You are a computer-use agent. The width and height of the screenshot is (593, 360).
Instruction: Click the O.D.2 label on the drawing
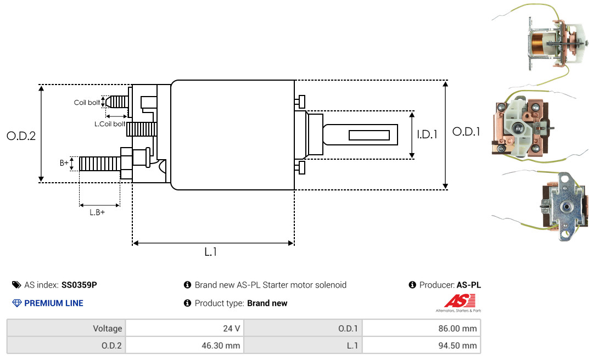tap(21, 136)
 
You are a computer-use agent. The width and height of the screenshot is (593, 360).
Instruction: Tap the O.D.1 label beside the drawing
tap(466, 132)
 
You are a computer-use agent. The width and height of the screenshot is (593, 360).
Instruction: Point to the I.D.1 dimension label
tap(427, 134)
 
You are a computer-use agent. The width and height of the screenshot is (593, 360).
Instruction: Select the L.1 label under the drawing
tap(211, 252)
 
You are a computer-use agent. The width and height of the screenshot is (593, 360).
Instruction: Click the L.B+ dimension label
tap(97, 212)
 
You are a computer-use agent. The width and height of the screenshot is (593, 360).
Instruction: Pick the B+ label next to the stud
tap(64, 163)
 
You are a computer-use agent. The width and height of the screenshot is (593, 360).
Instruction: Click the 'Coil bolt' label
tap(87, 103)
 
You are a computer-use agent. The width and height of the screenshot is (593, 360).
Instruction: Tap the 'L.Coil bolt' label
tap(110, 123)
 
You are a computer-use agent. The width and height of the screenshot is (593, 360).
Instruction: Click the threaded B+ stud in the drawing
tap(100, 164)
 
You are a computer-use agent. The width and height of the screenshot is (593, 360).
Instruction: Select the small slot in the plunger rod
tap(369, 136)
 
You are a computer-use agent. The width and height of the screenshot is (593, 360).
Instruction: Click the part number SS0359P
tap(79, 285)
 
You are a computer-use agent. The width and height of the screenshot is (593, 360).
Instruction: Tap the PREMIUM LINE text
tap(54, 303)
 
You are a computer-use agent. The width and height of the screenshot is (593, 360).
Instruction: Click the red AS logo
tap(460, 301)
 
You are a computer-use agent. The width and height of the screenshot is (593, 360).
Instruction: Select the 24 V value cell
tap(184, 328)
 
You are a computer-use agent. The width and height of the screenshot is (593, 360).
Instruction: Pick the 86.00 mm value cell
tap(421, 328)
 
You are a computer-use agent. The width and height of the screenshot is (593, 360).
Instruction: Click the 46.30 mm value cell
tap(184, 345)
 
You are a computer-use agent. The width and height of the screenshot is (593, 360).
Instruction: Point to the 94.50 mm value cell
tap(421, 345)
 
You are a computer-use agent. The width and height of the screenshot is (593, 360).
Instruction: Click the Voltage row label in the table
tap(108, 329)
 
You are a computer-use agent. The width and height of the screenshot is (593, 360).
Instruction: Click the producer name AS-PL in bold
tap(468, 285)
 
